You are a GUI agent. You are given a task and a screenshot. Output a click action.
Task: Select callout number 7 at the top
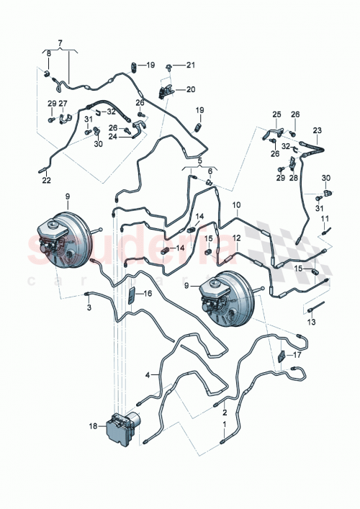(x=60, y=43)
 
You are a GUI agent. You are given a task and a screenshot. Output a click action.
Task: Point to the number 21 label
(x=191, y=66)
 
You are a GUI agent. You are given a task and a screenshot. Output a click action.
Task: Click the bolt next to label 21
(x=168, y=66)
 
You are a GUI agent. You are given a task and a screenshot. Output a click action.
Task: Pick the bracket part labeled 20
(x=168, y=91)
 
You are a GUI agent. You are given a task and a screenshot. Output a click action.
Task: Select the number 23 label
(x=316, y=130)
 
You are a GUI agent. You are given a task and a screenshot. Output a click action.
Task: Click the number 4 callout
(x=148, y=374)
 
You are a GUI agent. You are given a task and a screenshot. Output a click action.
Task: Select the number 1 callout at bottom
(x=224, y=425)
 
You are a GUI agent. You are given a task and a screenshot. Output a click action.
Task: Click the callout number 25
(x=276, y=114)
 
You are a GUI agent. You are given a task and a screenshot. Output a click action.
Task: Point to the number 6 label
(x=210, y=171)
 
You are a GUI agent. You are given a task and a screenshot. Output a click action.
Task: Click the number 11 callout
(x=325, y=218)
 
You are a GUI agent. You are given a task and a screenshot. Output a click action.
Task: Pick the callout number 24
(x=113, y=136)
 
